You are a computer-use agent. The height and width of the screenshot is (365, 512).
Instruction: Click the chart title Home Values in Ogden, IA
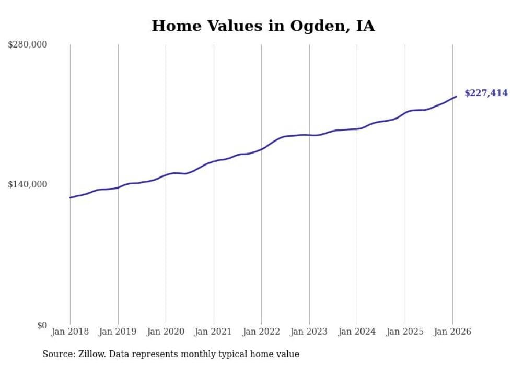pos(263,26)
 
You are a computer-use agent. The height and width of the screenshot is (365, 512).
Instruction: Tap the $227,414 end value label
pos(486,93)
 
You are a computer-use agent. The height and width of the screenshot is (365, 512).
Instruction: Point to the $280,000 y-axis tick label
pos(28,45)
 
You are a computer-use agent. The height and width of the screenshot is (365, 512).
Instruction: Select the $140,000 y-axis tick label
pos(28,184)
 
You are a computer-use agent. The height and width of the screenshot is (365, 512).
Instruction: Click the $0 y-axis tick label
pos(42,325)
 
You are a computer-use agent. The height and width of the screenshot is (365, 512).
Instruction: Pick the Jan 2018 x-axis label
pos(70,332)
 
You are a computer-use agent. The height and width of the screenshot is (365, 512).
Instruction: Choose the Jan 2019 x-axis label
pos(118,332)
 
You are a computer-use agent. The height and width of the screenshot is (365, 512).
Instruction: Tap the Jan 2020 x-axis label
pos(166,332)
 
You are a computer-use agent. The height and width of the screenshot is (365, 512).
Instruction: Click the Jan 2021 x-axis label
pos(214,332)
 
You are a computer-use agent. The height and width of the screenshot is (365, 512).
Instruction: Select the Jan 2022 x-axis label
pos(261,332)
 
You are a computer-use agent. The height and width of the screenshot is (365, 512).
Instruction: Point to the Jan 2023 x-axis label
pos(309,332)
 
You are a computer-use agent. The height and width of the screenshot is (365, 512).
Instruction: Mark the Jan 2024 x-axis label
pos(357,332)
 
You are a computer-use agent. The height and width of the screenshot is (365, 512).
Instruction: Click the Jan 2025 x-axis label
pos(405,332)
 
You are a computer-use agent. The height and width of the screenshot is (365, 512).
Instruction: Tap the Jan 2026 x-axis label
pos(452,332)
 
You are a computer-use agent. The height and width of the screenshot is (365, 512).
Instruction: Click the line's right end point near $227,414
pos(456,96)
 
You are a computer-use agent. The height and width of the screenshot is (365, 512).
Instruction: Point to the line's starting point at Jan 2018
pos(70,197)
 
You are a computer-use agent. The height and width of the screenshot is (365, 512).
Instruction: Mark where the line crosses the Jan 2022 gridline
pos(261,148)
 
